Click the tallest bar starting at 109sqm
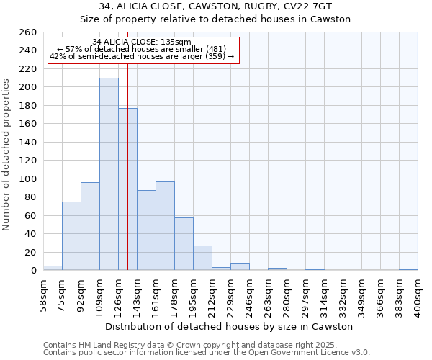pos(109,174)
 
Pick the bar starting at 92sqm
pos(90,226)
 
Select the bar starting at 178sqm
pos(184,244)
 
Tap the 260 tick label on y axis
pos(27,32)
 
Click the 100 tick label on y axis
pos(27,179)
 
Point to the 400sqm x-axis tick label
pos(418,296)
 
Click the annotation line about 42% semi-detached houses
pos(142,56)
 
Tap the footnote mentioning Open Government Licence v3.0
pos(207,352)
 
